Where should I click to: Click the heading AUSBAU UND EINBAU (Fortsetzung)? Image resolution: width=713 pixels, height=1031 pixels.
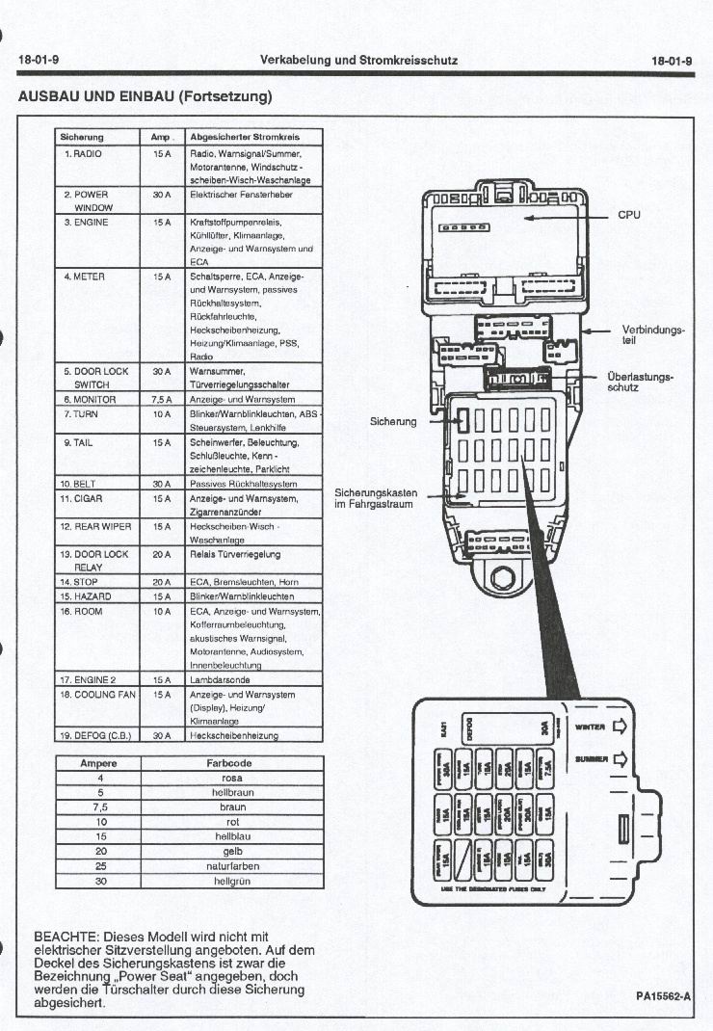145,96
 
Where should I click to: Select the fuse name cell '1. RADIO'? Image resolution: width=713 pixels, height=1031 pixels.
84,154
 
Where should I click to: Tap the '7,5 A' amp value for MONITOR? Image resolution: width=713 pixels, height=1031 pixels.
161,399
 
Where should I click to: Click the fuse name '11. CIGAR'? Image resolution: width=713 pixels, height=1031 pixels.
82,499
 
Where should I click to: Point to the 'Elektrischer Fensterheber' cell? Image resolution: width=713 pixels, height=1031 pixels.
241,195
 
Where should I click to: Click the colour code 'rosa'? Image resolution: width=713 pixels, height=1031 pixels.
231,778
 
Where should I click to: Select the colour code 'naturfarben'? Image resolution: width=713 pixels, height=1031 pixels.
231,866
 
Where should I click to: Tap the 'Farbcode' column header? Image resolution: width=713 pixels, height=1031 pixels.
231,762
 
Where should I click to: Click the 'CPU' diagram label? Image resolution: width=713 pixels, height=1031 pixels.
629,216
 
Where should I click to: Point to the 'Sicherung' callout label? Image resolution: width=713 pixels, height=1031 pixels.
393,421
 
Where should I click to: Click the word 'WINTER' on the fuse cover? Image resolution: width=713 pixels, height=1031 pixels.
589,728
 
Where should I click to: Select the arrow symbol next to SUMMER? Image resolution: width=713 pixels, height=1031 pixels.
620,759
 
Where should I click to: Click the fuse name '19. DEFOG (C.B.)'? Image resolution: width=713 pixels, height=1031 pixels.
94,735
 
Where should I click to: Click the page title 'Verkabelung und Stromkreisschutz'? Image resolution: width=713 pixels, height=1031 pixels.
358,61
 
